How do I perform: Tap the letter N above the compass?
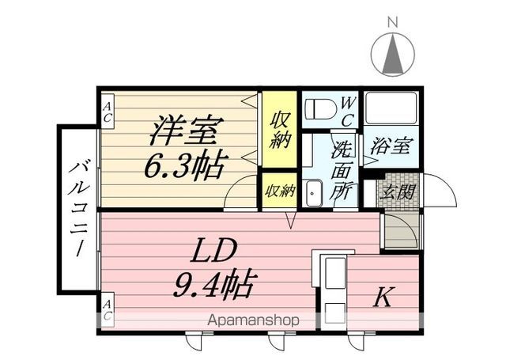(x=392, y=23)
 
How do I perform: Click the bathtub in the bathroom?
(x=391, y=108)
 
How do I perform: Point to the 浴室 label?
(x=391, y=146)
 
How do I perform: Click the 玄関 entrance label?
(x=398, y=191)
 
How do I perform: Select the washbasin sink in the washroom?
(x=313, y=193)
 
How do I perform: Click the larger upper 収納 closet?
(x=279, y=130)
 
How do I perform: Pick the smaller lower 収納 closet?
(x=279, y=191)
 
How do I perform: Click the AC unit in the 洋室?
(x=108, y=112)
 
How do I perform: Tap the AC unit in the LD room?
(x=108, y=310)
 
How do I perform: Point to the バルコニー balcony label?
(x=77, y=208)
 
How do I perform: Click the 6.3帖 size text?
(x=185, y=166)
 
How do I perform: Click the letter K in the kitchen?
(x=383, y=297)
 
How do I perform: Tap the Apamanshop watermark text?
(x=253, y=320)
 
